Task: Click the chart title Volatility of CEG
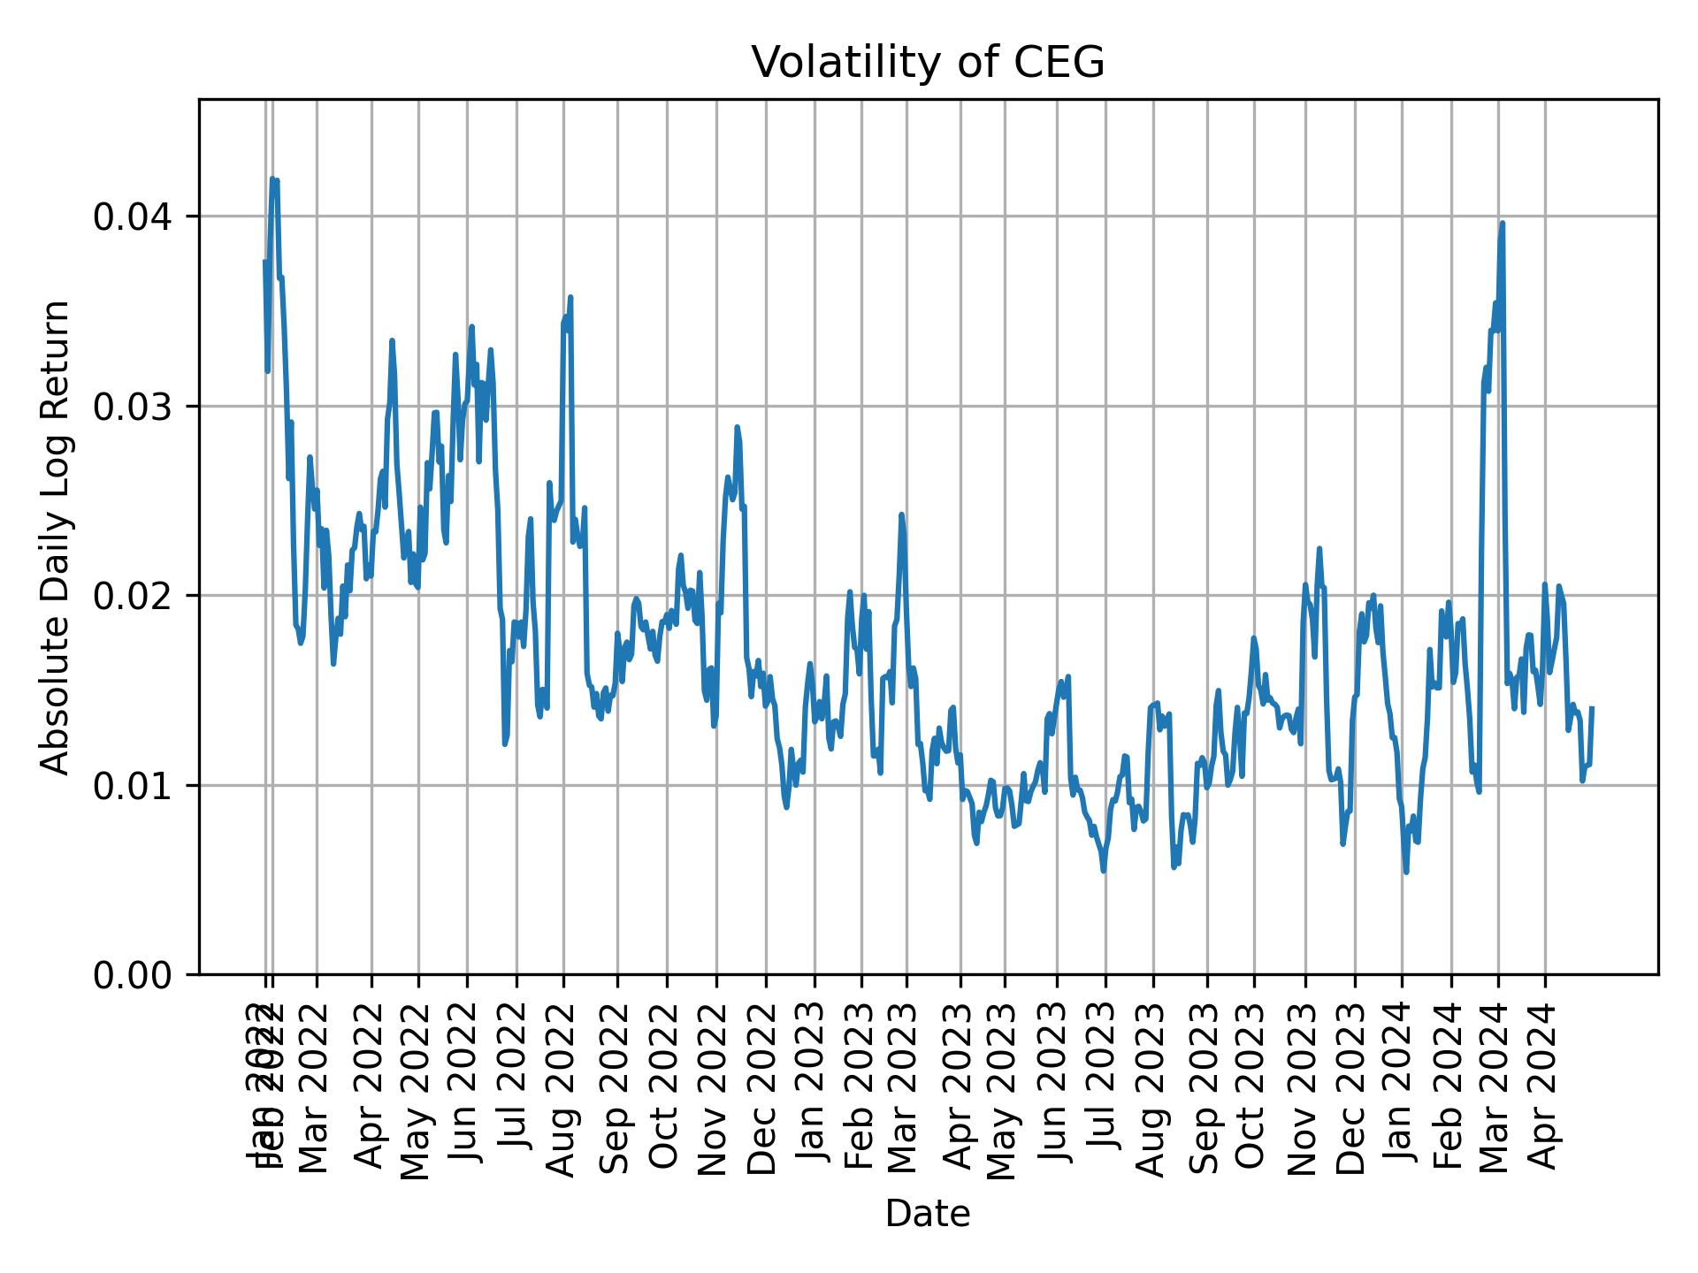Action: pos(928,63)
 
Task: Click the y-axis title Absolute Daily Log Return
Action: pos(57,537)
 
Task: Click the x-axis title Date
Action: pos(928,1214)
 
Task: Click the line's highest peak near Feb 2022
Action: pos(272,179)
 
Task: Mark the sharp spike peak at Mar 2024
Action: pos(1502,224)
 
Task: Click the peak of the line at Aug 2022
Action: pos(570,298)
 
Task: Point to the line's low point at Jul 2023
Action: pos(1103,871)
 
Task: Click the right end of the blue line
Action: pos(1592,707)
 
